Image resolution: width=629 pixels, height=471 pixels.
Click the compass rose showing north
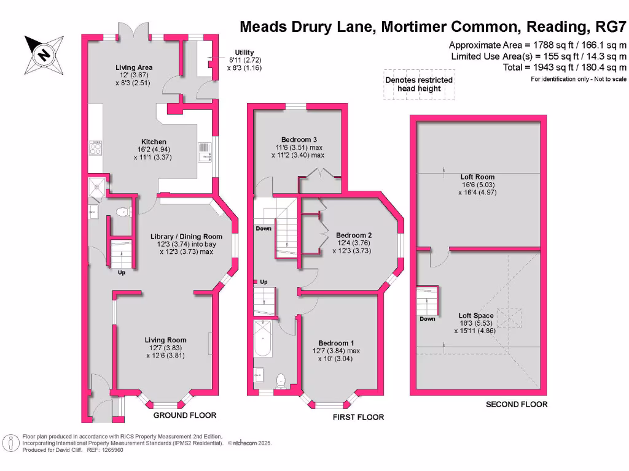pyautogui.click(x=44, y=53)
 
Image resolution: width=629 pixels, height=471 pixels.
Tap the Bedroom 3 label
pyautogui.click(x=299, y=139)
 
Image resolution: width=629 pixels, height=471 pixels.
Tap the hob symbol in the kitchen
pyautogui.click(x=96, y=149)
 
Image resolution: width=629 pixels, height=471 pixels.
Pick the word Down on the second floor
pyautogui.click(x=428, y=319)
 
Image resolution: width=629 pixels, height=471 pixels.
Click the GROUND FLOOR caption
pyautogui.click(x=185, y=415)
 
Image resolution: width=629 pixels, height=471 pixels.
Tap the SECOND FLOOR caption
pyautogui.click(x=516, y=404)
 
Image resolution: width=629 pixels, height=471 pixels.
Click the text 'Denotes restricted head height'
pyautogui.click(x=419, y=84)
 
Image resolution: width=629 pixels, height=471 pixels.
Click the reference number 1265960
pyautogui.click(x=111, y=450)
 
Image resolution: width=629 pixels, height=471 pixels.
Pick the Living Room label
pyautogui.click(x=165, y=340)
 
